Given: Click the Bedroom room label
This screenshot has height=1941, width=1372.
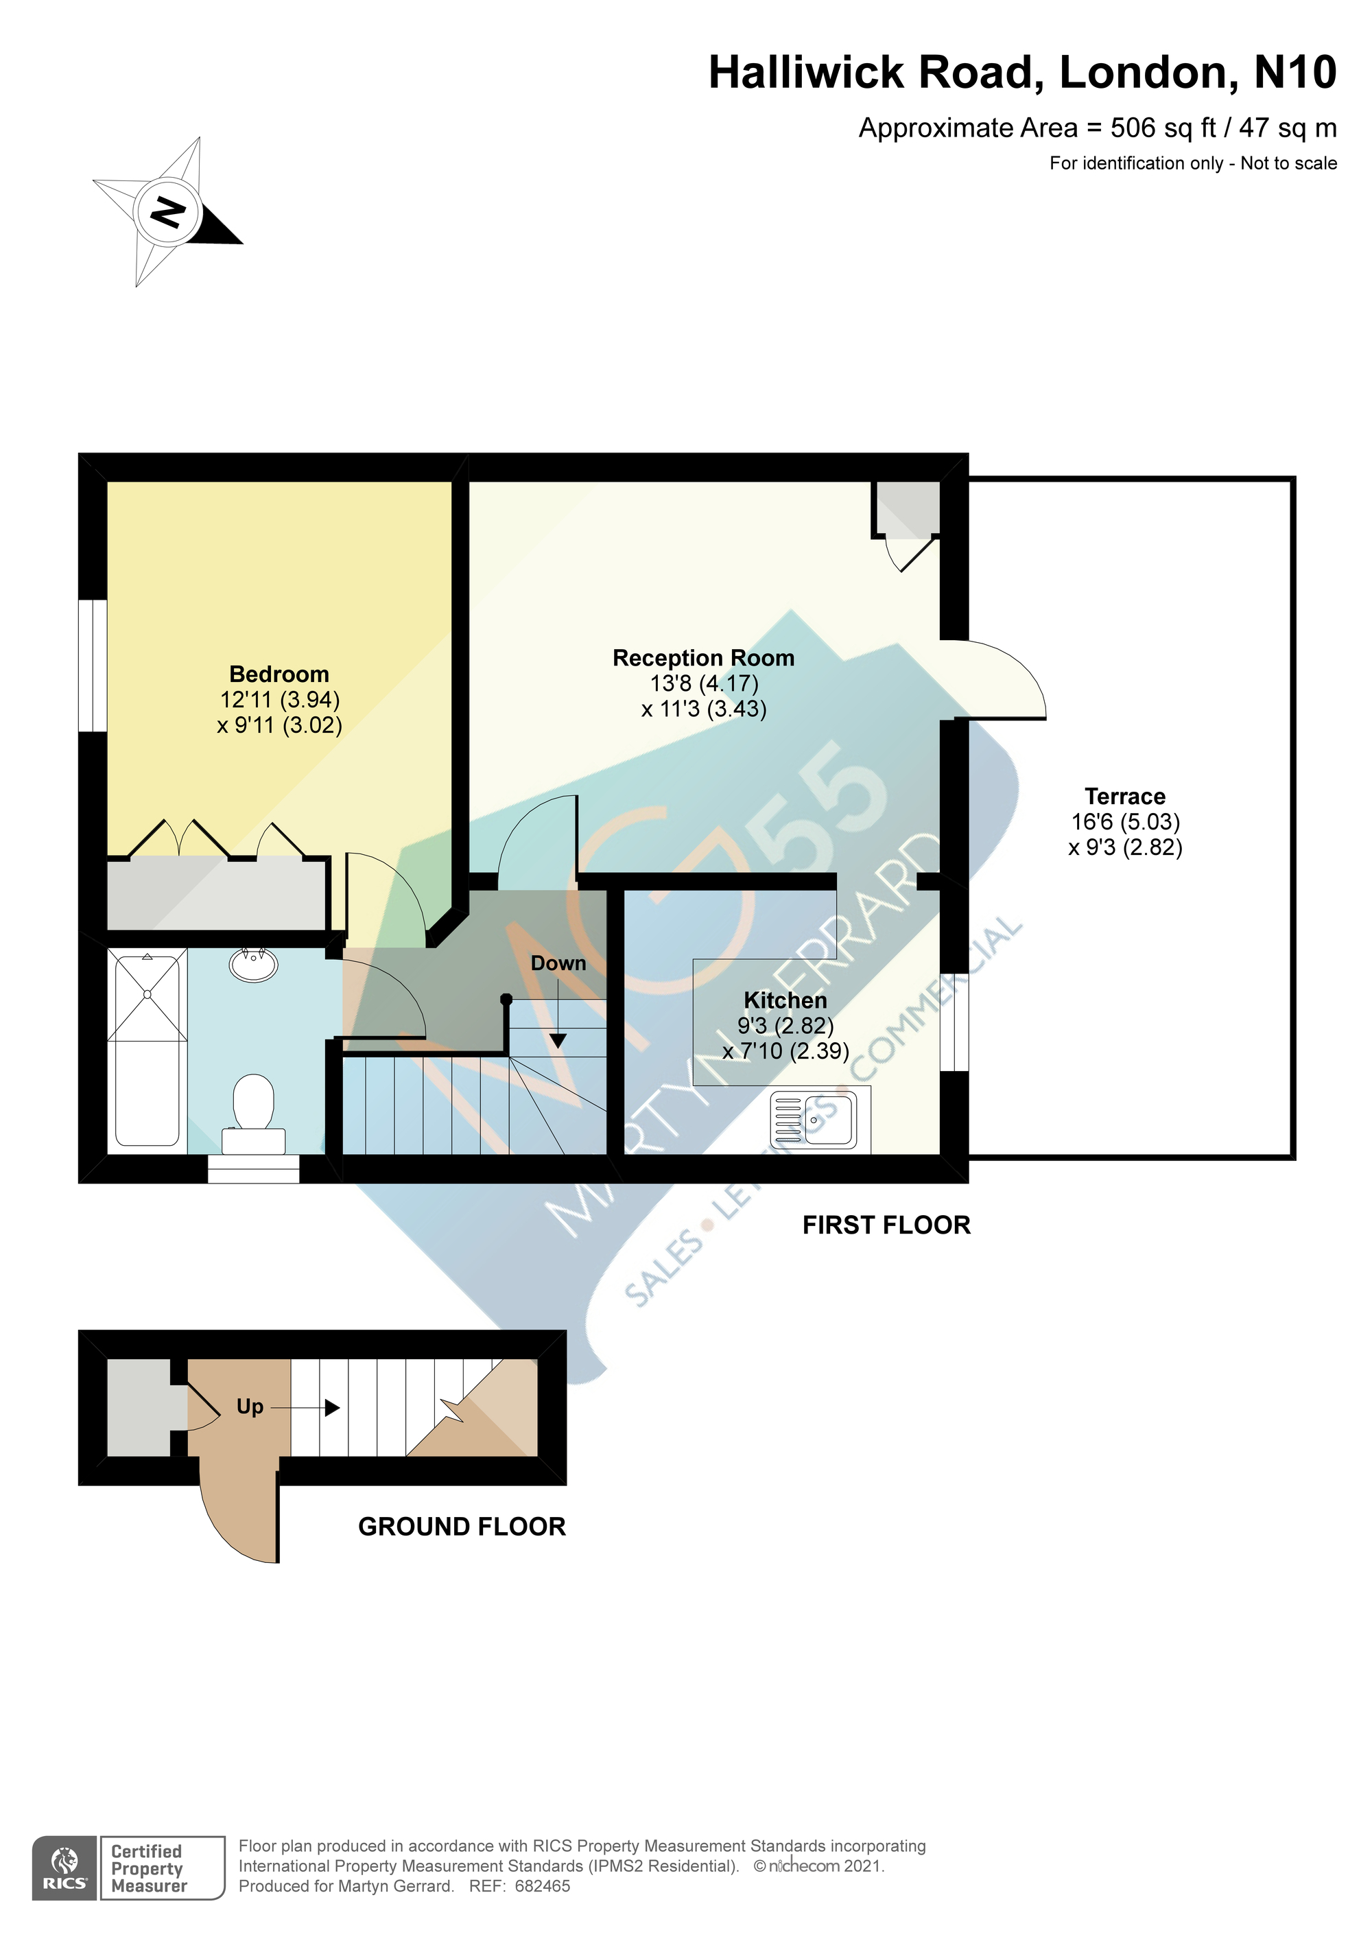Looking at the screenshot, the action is click(279, 674).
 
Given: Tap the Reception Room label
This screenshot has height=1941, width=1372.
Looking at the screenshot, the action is click(703, 658).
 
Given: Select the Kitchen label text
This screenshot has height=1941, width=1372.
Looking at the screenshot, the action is click(785, 1000).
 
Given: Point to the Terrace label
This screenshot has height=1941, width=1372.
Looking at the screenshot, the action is click(1125, 797).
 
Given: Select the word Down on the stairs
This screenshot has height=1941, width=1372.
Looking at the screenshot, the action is click(558, 963).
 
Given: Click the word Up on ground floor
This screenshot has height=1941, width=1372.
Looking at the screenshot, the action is click(250, 1406).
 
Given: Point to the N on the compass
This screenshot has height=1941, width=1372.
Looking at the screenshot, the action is click(167, 211).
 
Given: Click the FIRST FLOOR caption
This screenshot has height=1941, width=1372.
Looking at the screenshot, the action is click(887, 1225).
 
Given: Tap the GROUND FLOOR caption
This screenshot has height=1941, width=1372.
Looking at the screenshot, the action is click(462, 1526).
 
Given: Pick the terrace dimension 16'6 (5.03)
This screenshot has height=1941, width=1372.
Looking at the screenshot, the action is click(1125, 822).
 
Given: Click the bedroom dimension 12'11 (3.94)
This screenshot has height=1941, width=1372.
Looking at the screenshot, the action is click(280, 700).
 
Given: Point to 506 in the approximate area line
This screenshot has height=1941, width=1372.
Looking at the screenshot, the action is click(1133, 128).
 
